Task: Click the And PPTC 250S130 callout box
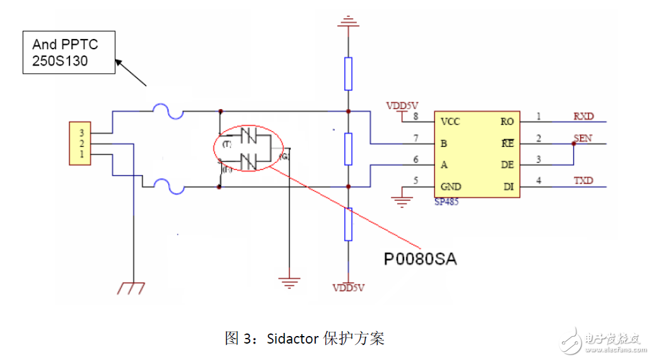tap(69, 52)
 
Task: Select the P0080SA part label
tap(420, 259)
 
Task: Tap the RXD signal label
tap(583, 116)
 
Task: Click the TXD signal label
tap(583, 180)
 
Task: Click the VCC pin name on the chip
tap(451, 122)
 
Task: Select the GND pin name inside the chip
tap(451, 187)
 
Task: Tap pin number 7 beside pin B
tap(416, 138)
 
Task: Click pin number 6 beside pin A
tap(416, 160)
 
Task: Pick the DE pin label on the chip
tap(507, 165)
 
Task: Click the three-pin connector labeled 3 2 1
tap(81, 144)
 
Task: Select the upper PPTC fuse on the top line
tap(168, 113)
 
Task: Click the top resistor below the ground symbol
tap(348, 73)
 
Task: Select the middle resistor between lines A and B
tap(348, 148)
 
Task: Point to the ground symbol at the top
tap(347, 24)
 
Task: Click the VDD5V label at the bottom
tap(349, 288)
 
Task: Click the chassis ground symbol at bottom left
tap(133, 288)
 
